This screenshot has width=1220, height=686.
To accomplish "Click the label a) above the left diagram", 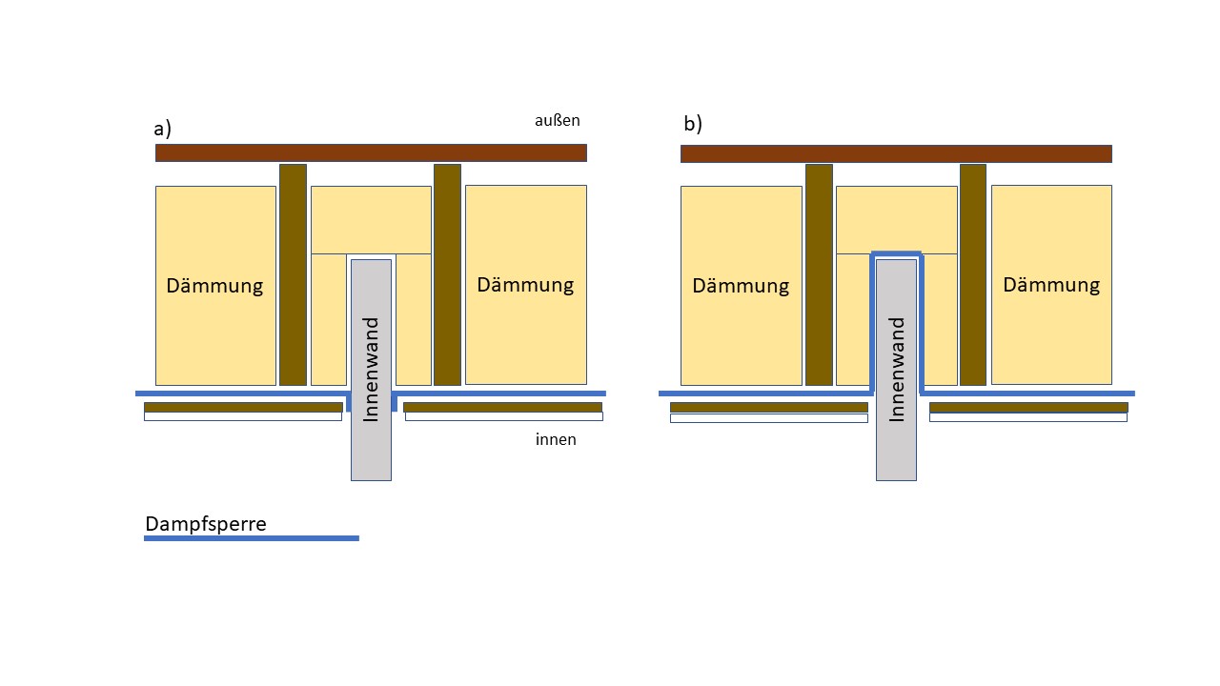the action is [162, 129].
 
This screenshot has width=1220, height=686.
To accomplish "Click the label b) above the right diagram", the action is [693, 124].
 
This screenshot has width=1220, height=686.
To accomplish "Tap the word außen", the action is [558, 120].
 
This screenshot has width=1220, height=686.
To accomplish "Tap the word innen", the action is [556, 439].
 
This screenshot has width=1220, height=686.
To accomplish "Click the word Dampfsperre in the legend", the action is [206, 524].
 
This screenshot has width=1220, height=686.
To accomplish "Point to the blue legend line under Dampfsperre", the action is [252, 538].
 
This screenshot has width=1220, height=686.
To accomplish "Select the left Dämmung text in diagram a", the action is [214, 286].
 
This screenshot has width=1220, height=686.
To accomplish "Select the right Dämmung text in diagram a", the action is [525, 285].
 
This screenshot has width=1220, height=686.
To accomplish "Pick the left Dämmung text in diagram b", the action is [741, 286].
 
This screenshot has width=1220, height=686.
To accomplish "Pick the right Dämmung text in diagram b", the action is [1051, 285].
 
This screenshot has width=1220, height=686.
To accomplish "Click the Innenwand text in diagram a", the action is [371, 370].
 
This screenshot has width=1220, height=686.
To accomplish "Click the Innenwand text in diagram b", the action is [897, 370].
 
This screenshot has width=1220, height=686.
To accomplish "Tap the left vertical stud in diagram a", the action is [293, 275].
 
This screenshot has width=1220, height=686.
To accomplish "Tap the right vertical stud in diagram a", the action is [447, 275].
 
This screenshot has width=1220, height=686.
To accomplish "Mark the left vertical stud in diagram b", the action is [819, 275].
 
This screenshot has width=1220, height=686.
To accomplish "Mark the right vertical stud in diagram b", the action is [973, 275].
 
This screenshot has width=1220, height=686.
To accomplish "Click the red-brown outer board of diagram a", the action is [371, 153].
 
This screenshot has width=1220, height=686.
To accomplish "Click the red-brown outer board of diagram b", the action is [897, 153].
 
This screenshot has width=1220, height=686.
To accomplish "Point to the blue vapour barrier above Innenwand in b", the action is [897, 253].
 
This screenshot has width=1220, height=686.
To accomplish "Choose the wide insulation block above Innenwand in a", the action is [371, 220].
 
